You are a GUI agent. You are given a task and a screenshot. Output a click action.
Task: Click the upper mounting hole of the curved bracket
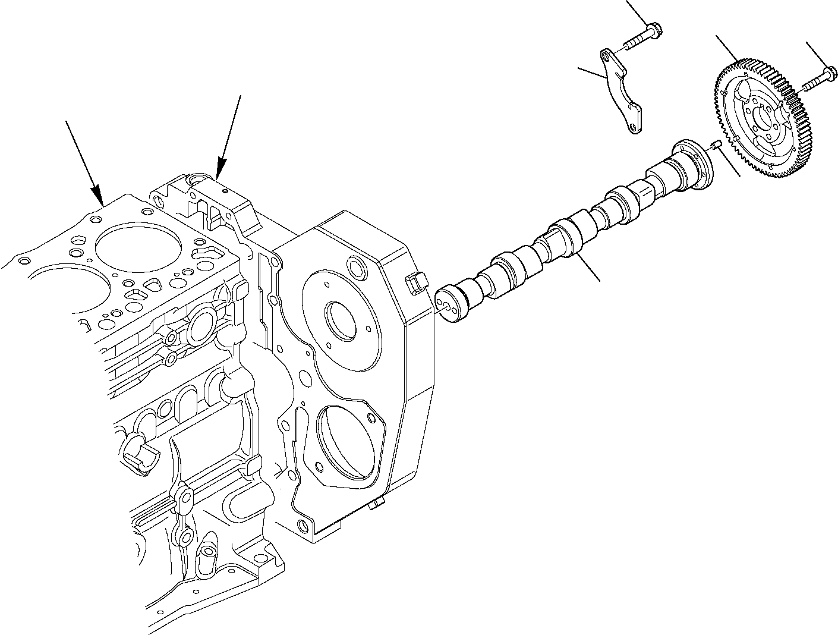pos(606,58)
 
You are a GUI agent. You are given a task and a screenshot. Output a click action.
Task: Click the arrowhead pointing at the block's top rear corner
pos(220,171)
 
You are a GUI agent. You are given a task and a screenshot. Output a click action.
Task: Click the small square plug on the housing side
pos(415,282)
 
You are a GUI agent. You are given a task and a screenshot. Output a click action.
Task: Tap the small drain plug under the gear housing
pos(374,506)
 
